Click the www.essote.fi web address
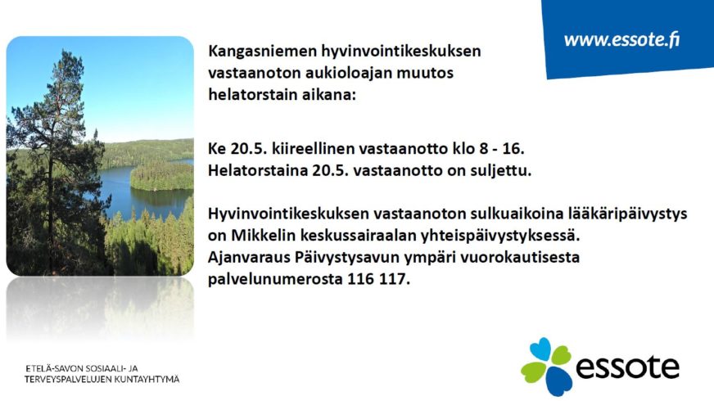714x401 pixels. (621, 39)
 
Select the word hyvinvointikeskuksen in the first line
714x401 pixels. (401, 52)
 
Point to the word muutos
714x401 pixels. (425, 74)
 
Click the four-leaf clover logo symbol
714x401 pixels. (546, 367)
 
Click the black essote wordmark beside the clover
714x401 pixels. (628, 367)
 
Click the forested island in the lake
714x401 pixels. (161, 178)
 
